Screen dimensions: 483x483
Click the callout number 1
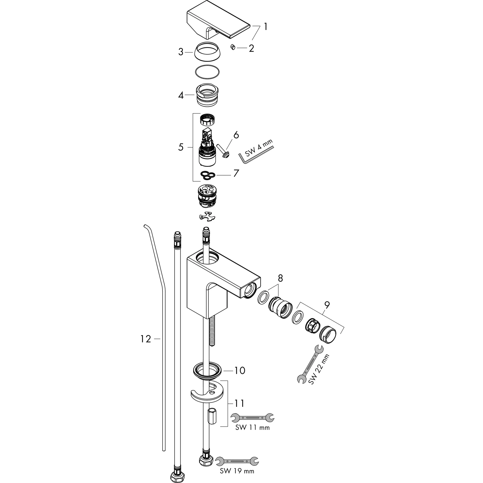point(265,26)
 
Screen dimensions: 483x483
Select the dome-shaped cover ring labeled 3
point(208,51)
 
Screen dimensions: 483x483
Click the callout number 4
point(181,95)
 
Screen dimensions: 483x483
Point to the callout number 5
point(181,147)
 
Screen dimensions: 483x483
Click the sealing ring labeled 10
point(208,370)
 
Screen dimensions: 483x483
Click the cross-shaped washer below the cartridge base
point(207,216)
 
